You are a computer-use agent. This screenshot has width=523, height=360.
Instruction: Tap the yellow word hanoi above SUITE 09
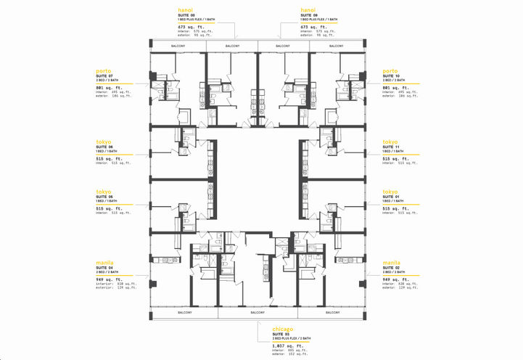(308, 10)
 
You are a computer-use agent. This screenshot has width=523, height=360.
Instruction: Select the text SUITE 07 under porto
(105, 75)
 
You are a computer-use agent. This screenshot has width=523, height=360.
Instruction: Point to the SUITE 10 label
(392, 75)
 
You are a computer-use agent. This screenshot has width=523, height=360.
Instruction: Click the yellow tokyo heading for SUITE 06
(104, 142)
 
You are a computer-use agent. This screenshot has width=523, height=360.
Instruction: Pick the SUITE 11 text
(392, 147)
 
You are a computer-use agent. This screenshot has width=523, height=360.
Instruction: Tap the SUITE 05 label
(105, 197)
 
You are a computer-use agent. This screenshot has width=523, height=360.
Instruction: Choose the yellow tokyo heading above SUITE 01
(390, 192)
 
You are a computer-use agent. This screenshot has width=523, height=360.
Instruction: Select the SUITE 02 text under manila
(392, 267)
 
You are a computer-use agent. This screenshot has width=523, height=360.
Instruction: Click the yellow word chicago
(283, 328)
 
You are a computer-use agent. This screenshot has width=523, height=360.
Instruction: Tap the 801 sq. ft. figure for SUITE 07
(110, 87)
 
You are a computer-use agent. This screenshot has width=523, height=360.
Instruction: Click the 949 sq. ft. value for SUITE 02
(397, 279)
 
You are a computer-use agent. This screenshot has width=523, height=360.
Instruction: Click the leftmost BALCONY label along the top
(178, 46)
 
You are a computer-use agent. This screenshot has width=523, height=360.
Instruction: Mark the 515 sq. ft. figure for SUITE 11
(397, 158)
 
